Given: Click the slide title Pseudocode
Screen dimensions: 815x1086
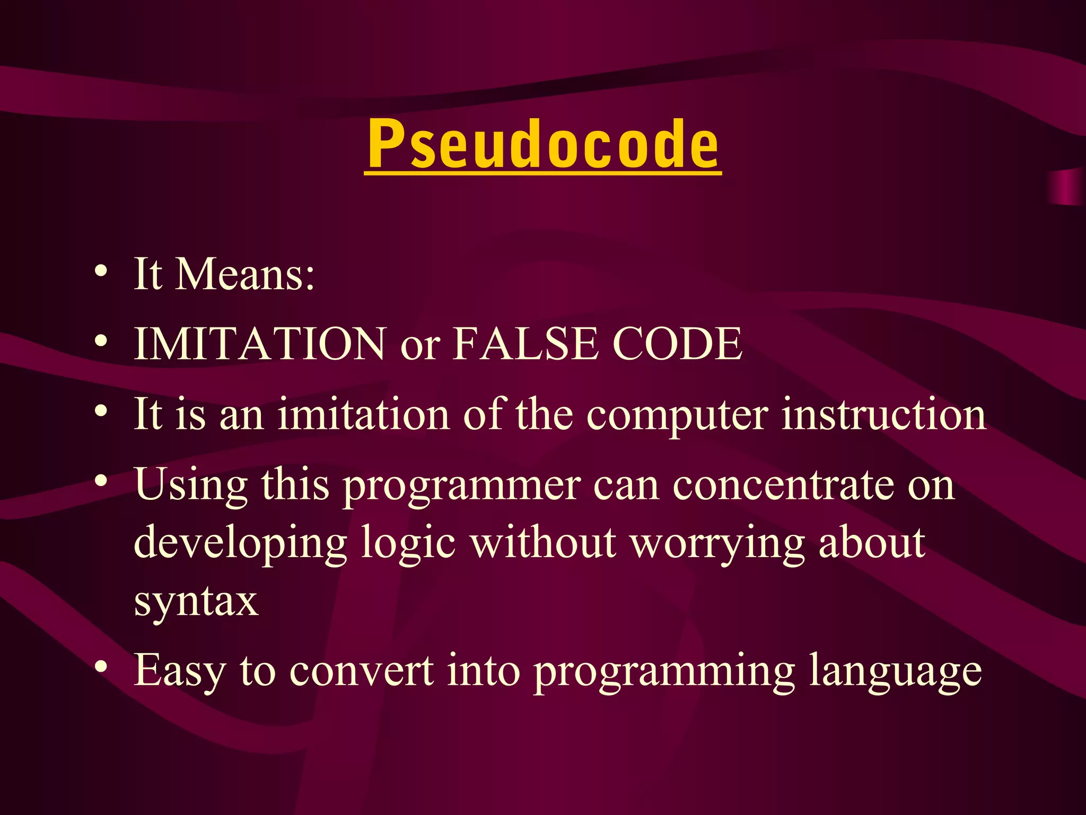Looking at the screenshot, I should pos(543,143).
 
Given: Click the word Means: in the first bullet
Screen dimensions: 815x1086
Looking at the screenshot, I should pos(244,274).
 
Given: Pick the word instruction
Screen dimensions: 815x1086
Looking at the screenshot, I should pos(884,414).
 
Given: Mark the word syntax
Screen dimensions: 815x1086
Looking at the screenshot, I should pos(196,602).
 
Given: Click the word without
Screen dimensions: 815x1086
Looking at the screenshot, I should pos(544,543).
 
